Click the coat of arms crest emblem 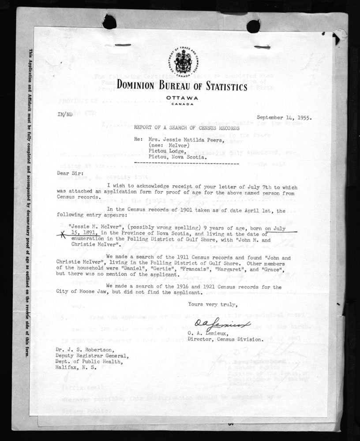(183, 61)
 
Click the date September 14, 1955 (284, 118)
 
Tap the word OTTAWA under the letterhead (182, 97)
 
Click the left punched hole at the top (109, 21)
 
